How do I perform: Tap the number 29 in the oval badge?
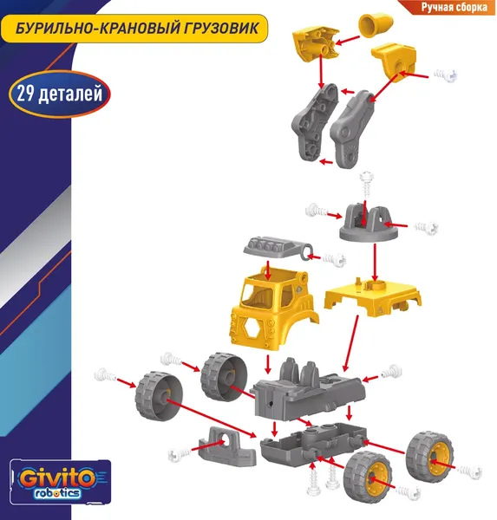pyautogui.click(x=25, y=94)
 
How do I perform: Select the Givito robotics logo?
pyautogui.click(x=61, y=482)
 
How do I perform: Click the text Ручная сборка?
pyautogui.click(x=454, y=7)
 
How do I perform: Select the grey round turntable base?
pyautogui.click(x=369, y=224)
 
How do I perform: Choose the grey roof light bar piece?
pyautogui.click(x=278, y=249)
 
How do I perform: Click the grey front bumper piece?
pyautogui.click(x=227, y=447)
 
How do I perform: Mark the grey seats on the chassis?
pyautogui.click(x=300, y=371)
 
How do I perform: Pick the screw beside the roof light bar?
pyautogui.click(x=334, y=259)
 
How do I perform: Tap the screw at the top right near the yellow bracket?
pyautogui.click(x=446, y=75)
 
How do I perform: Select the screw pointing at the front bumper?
pyautogui.click(x=180, y=455)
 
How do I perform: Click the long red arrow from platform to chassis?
pyautogui.click(x=351, y=343)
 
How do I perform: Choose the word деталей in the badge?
pyautogui.click(x=70, y=94)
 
